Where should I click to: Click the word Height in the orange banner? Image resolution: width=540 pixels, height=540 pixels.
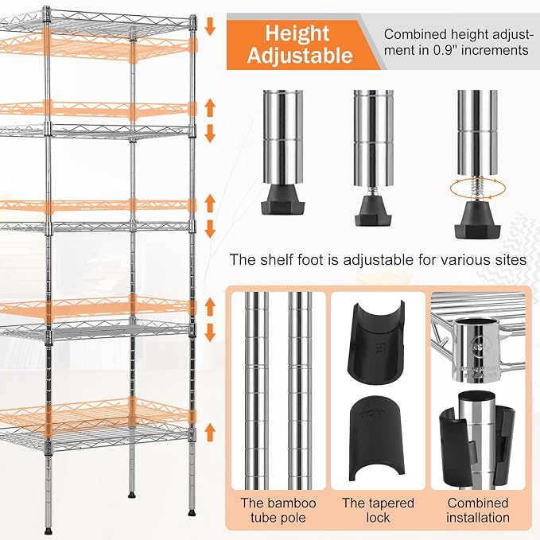[x=297, y=33]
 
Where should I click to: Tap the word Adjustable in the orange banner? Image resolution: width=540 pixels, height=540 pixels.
[x=300, y=56]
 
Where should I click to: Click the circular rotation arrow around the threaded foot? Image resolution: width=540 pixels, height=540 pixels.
[x=478, y=188]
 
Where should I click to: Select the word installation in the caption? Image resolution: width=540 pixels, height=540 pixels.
[x=478, y=518]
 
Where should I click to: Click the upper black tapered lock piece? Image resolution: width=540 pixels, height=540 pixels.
[x=378, y=341]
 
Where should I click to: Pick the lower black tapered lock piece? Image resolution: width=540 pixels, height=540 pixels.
[x=377, y=439]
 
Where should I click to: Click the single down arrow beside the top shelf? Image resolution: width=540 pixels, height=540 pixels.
[x=210, y=27]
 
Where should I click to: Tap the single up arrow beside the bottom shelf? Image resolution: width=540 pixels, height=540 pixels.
[x=210, y=433]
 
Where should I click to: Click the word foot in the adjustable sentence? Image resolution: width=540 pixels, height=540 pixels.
[x=311, y=259]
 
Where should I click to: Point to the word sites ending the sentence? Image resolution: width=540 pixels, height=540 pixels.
[x=511, y=260]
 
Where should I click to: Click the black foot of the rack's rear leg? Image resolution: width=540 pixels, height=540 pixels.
[x=131, y=495]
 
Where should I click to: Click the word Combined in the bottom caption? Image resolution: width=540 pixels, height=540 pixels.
[x=478, y=503]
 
